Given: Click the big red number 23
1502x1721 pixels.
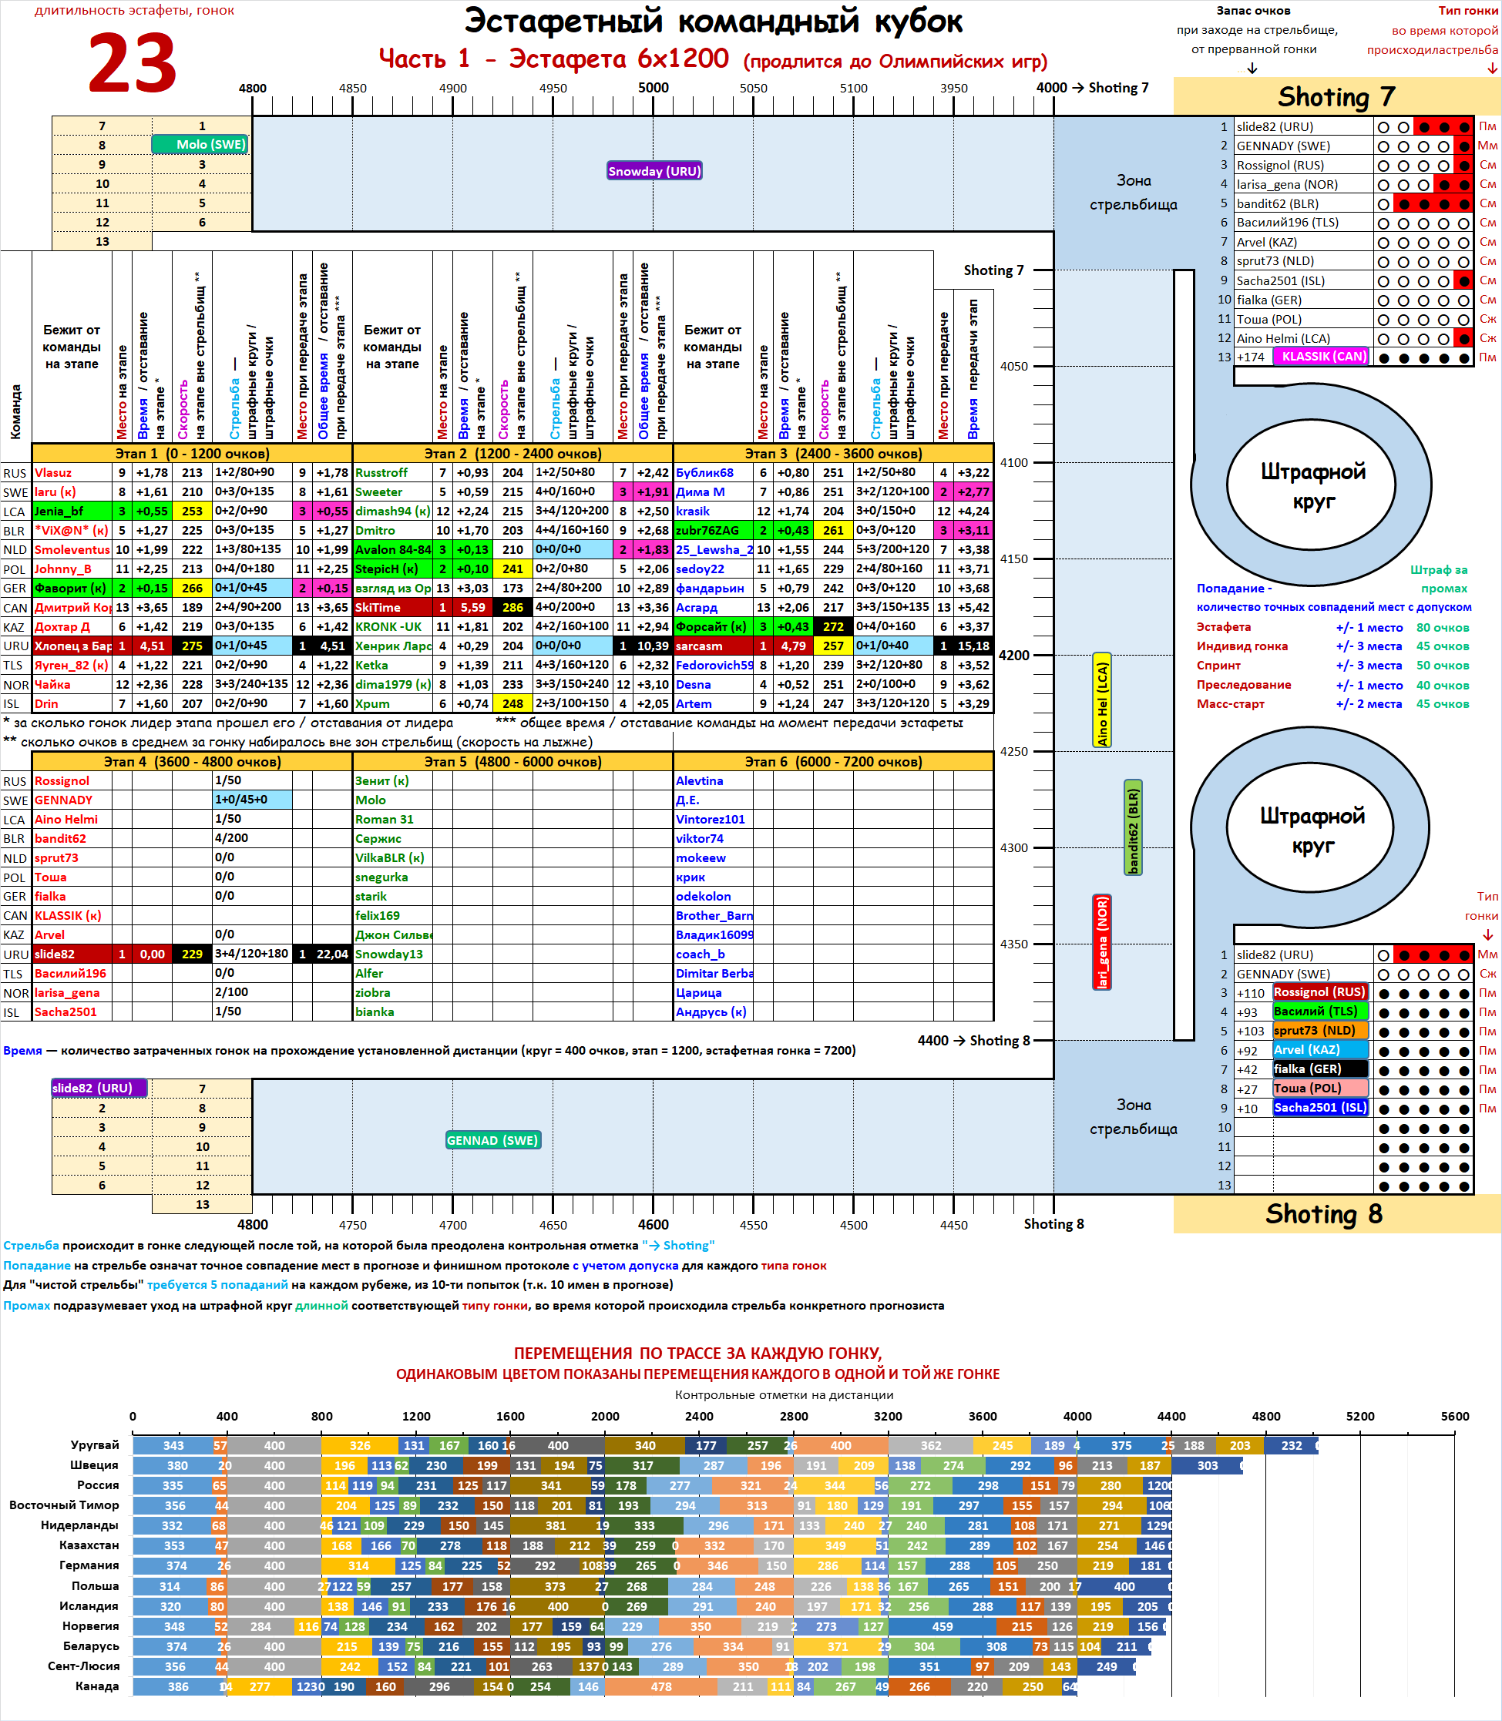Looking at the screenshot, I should pos(132,64).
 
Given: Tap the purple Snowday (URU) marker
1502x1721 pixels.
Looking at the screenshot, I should pos(654,171).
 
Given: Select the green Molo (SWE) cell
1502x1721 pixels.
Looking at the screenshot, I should pos(201,144).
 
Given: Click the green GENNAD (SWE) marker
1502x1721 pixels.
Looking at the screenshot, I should pos(493,1139).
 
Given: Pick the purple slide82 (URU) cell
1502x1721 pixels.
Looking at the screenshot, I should pos(99,1088).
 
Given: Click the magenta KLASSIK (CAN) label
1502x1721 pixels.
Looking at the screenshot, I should pos(1323,356).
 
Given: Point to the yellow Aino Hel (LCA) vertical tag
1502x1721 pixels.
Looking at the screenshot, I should pos(1102,699).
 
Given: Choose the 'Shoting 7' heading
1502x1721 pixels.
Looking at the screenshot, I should pos(1336,97).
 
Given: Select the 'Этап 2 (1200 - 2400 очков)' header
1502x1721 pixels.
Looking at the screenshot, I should pos(512,453).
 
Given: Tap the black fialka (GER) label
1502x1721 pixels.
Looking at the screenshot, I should pos(1319,1068).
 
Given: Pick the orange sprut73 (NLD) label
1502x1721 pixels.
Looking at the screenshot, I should pos(1319,1030).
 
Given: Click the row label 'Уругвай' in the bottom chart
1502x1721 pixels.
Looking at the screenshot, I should pos(95,1444).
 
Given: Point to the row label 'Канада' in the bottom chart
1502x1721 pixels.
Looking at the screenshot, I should pos(96,1686).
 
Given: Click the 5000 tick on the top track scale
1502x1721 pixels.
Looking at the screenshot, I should pos(653,88).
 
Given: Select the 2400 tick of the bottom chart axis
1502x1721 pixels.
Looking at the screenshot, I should pos(699,1416).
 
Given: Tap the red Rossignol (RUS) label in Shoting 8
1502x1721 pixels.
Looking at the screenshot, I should pos(1319,991).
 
